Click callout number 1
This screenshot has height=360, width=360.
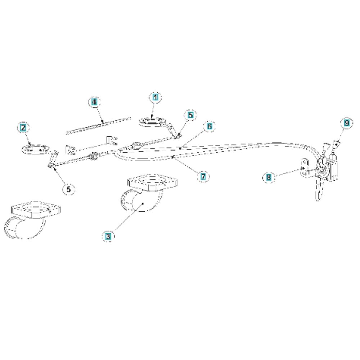coord(156,97)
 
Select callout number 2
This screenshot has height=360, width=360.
coord(23,128)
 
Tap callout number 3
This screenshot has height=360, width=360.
coord(108,236)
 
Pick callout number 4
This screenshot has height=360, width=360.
coord(94,102)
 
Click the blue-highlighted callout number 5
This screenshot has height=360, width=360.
coord(190,115)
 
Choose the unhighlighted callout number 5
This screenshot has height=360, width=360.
coord(69,189)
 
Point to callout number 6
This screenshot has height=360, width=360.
coord(210,126)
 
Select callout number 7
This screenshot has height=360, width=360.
coord(203,177)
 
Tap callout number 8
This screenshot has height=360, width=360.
coord(269,177)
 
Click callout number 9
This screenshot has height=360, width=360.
coord(347,123)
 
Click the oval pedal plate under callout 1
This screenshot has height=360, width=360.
coord(152,122)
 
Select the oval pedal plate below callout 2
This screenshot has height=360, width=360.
coord(35,149)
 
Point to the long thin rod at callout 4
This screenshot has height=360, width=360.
coord(98,126)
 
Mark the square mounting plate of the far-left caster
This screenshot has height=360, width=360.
coord(36,210)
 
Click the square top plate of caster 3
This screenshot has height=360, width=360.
coord(152,182)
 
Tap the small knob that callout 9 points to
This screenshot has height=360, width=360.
coord(336,144)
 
